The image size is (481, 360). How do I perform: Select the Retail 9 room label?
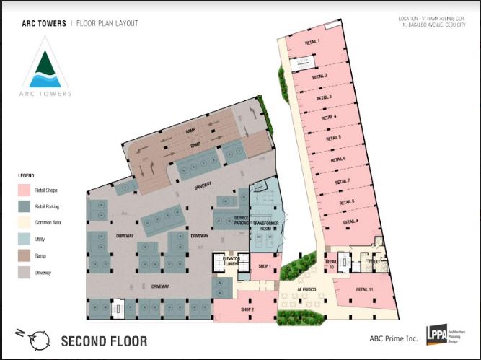click(x=350, y=221)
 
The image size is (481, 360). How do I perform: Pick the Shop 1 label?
click(x=265, y=266)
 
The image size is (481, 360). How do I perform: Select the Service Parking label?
click(x=242, y=221)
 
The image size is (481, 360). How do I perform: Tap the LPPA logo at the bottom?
click(x=436, y=336)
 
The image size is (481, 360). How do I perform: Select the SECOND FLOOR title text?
click(x=104, y=341)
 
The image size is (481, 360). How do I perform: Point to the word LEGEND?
click(x=27, y=175)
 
